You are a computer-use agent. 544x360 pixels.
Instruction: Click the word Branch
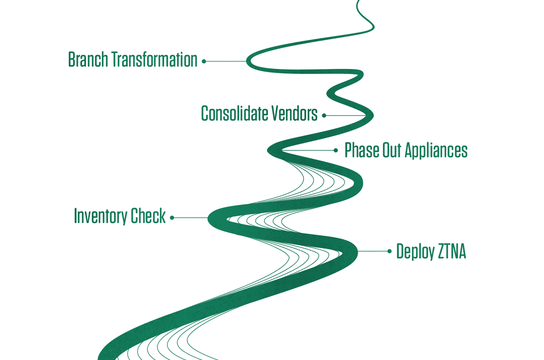point(88,59)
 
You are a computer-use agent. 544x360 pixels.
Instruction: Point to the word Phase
point(362,150)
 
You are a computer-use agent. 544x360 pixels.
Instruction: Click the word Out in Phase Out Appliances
point(392,150)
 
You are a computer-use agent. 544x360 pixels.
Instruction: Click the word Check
point(148,215)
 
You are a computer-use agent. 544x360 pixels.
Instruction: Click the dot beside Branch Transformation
point(204,62)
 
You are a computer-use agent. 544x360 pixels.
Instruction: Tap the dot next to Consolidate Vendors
point(324,116)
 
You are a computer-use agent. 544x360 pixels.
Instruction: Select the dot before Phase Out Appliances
point(335,151)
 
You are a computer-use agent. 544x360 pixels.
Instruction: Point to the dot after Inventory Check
point(172,218)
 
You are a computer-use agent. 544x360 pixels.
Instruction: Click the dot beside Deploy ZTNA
point(389,251)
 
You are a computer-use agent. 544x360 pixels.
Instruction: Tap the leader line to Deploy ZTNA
point(373,251)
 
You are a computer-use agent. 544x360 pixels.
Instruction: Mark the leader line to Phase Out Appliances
point(308,151)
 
